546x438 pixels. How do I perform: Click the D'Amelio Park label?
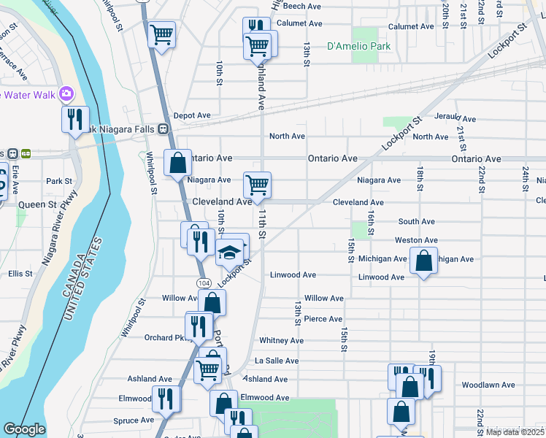point(358,46)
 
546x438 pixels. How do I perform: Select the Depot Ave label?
point(192,115)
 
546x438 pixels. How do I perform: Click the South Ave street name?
point(416,221)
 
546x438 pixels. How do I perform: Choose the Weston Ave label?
point(416,240)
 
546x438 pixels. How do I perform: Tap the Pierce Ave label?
point(323,319)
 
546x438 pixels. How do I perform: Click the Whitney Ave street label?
point(281,341)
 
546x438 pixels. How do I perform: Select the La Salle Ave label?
point(277,361)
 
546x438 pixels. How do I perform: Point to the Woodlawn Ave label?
point(488,385)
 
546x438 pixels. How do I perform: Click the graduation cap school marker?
point(230,252)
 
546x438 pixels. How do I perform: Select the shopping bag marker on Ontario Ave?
point(177,164)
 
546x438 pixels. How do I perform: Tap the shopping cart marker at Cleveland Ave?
point(257,185)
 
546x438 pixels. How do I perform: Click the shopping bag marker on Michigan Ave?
point(423,261)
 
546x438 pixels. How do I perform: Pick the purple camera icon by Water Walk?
point(66,93)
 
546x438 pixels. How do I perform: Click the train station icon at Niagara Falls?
point(164,129)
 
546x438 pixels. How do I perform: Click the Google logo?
point(24,429)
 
